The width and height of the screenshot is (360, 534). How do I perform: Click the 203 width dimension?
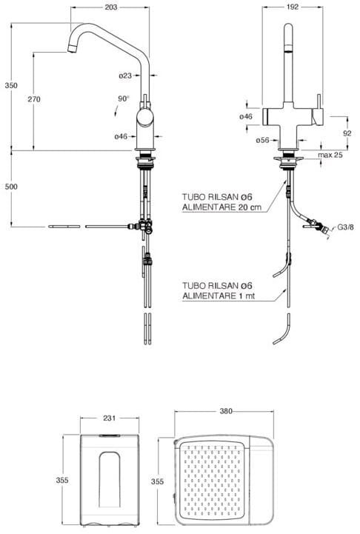(x=110, y=7)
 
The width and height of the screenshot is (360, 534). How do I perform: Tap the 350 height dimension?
(x=11, y=85)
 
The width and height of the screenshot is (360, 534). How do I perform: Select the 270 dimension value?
(x=34, y=99)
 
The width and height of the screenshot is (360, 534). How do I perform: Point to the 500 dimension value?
(x=11, y=187)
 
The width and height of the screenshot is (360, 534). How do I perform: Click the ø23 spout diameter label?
(x=125, y=76)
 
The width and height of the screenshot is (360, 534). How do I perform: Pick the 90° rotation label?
(x=124, y=99)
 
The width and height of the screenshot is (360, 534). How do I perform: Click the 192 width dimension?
(x=293, y=7)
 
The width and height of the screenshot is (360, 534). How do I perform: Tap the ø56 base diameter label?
(x=262, y=140)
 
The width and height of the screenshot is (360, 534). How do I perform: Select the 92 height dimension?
(x=347, y=133)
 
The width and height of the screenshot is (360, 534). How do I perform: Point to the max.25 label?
(x=330, y=155)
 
